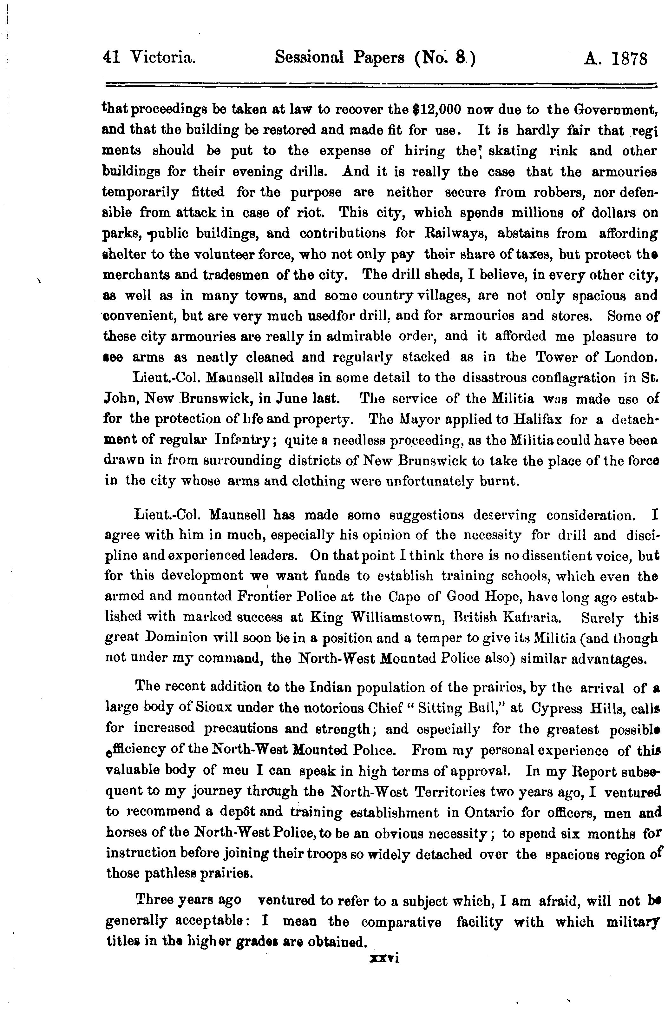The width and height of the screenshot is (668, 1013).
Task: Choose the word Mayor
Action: (x=410, y=419)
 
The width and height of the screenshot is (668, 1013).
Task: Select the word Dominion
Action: (x=176, y=638)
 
